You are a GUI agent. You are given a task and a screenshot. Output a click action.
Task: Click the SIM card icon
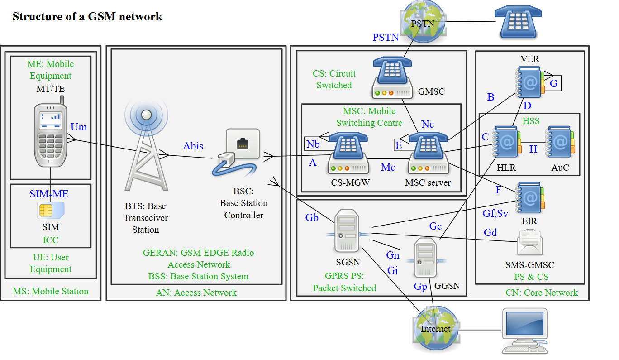(50, 210)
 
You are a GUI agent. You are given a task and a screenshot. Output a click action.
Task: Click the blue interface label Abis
(193, 146)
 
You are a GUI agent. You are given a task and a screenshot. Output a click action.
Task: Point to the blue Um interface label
(79, 127)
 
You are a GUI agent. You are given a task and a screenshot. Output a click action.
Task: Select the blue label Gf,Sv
(495, 213)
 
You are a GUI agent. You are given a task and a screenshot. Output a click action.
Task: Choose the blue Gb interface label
(312, 218)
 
